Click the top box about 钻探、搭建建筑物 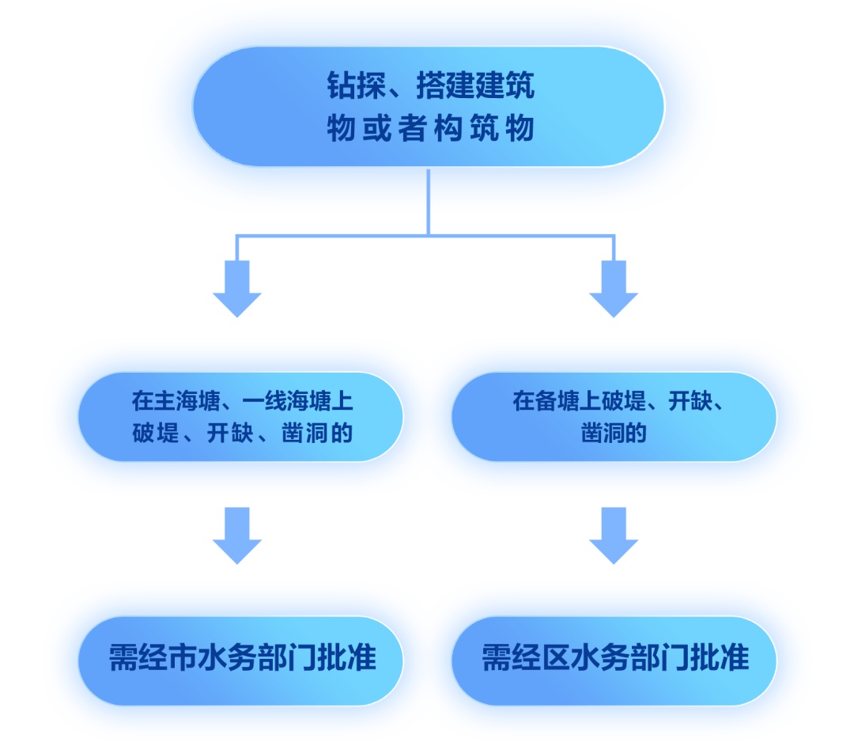point(428,106)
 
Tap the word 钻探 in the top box point(351,86)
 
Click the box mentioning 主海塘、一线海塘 point(240,417)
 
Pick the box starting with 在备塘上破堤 point(614,417)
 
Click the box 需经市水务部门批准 point(240,659)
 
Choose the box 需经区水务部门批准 point(614,659)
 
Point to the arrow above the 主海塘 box point(236,288)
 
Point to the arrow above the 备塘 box point(614,288)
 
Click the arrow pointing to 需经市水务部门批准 point(236,535)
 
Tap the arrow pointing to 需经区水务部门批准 point(614,535)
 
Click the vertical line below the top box point(428,201)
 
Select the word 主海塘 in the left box point(180,402)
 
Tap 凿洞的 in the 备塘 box point(614,433)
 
